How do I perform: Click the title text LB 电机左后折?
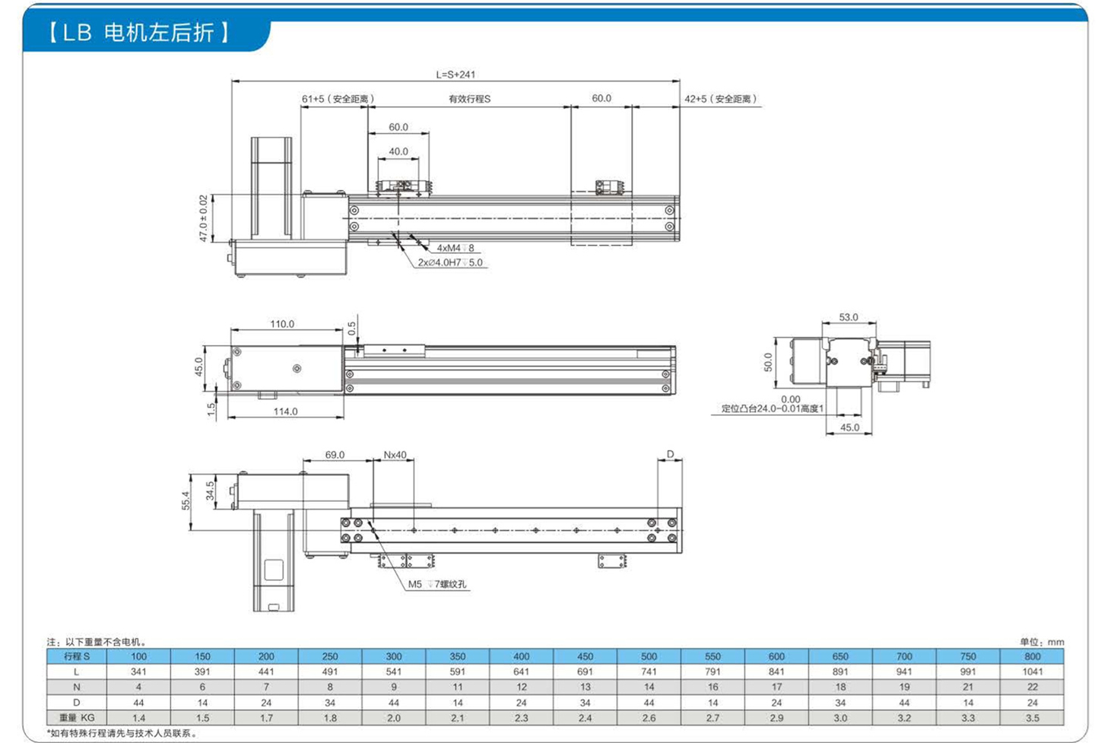[x=138, y=33]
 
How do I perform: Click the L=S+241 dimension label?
[x=455, y=75]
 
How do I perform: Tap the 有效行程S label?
[x=470, y=99]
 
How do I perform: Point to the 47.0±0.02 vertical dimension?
[x=204, y=218]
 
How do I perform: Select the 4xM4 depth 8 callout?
[x=455, y=248]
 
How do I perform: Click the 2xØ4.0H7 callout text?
[x=450, y=262]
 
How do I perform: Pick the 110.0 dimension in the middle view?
[x=282, y=324]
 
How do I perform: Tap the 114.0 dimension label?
[x=285, y=411]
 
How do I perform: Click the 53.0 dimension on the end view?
[x=849, y=317]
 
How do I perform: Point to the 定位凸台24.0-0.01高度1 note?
[x=773, y=408]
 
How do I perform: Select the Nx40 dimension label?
[x=395, y=455]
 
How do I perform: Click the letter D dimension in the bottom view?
[x=670, y=454]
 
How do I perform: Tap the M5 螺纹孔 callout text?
[x=437, y=584]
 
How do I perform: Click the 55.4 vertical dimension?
[x=186, y=500]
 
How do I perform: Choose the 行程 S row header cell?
[x=77, y=656]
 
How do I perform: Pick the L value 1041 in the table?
[x=1032, y=672]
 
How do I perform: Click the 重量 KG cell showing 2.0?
[x=394, y=718]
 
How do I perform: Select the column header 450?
[x=585, y=656]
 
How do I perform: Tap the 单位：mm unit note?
[x=1042, y=642]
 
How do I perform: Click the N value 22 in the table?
[x=1033, y=687]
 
